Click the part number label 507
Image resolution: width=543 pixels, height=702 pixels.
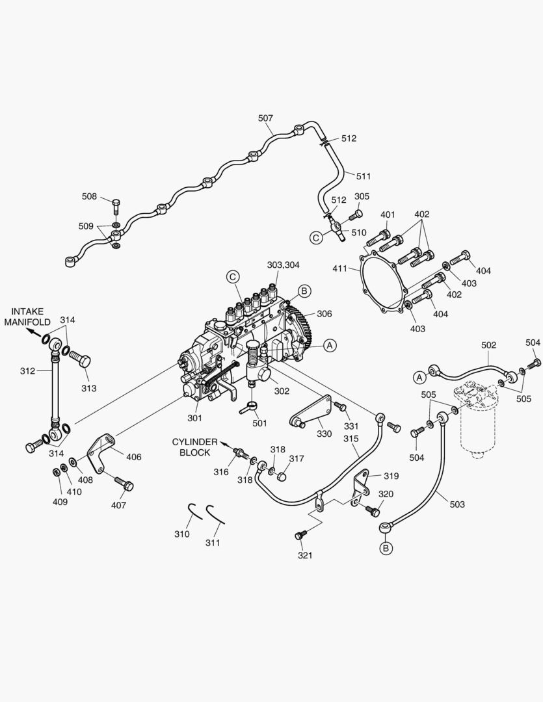pos(265,118)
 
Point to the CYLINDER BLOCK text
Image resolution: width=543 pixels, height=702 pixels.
pos(192,447)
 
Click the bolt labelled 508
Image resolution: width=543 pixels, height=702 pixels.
pos(116,206)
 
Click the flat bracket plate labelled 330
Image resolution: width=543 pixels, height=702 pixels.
pos(310,412)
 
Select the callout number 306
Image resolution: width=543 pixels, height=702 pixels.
pos(324,313)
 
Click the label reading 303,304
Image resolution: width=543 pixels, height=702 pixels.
pos(284,265)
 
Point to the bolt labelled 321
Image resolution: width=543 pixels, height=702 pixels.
pos(300,535)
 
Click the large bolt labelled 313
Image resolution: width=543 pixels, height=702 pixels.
pos(79,358)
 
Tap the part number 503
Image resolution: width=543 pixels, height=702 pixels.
pos(457,504)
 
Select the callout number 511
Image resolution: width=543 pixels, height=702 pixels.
pos(363,176)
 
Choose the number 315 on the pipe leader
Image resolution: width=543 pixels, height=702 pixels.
pos(351,439)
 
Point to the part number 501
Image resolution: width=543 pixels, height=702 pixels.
pos(259,423)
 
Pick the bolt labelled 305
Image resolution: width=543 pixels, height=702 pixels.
pos(356,214)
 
